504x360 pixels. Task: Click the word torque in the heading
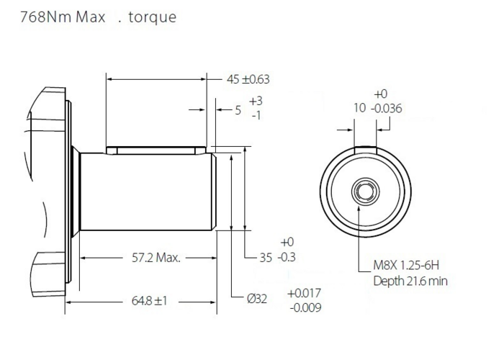(152, 17)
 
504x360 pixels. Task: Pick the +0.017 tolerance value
(304, 293)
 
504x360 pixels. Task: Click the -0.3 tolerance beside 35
(287, 257)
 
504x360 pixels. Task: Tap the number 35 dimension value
(266, 257)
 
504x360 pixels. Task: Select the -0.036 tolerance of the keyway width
(386, 109)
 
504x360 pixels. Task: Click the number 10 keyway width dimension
(359, 109)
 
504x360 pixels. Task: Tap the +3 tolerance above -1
(256, 101)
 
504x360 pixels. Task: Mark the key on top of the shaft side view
(153, 150)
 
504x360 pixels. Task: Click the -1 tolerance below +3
(256, 116)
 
